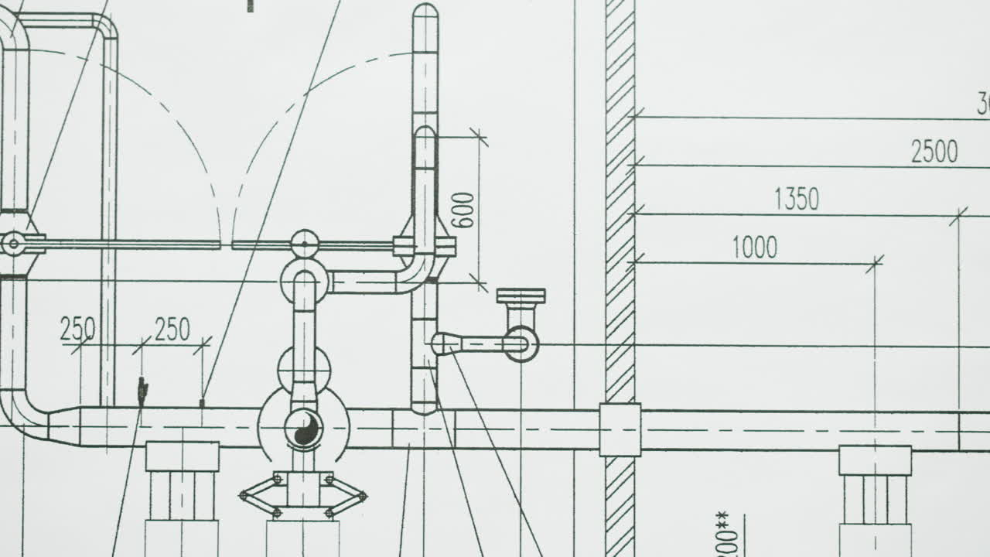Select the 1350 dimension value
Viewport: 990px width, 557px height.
tap(796, 200)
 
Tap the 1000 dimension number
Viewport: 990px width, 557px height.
tap(754, 248)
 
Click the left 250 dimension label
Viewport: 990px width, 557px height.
tap(77, 330)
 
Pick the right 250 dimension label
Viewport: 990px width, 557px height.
tap(172, 330)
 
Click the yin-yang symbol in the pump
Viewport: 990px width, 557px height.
tap(304, 428)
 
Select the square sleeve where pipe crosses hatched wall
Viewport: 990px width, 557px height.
tap(620, 429)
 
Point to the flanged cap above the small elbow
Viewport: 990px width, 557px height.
tap(521, 296)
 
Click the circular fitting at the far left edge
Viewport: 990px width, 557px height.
tap(13, 244)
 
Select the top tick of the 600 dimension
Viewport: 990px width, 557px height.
tap(479, 138)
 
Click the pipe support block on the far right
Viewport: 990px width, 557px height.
tap(875, 460)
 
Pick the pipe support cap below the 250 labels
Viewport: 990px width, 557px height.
tap(182, 456)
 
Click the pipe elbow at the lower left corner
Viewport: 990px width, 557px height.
tap(23, 418)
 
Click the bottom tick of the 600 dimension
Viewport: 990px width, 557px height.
tap(479, 283)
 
